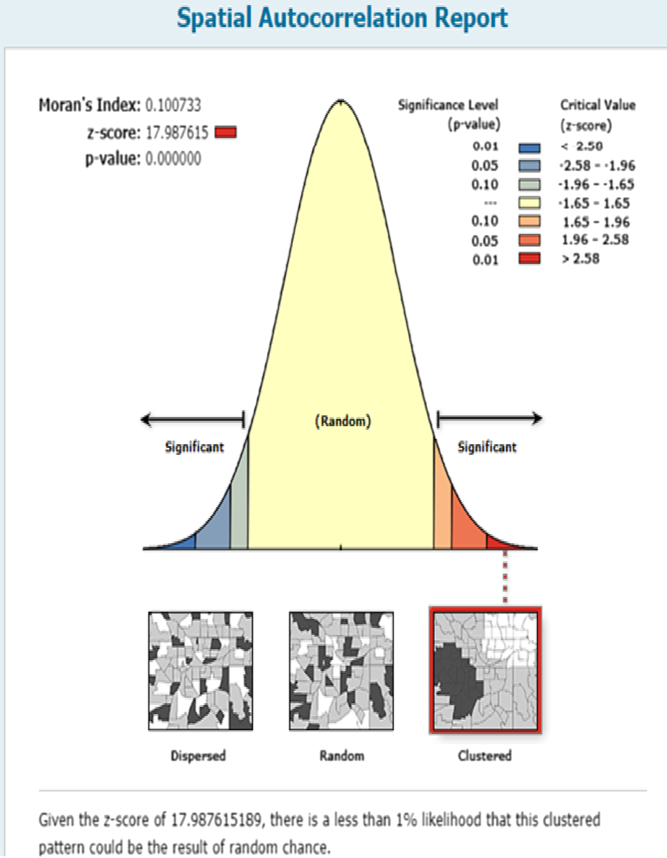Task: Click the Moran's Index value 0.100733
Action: coord(173,105)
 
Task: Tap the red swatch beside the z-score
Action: coord(226,133)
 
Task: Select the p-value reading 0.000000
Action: coord(173,159)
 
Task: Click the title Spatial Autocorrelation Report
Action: coord(342,18)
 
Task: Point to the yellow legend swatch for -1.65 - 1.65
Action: coord(529,203)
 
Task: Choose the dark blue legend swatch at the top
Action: coord(529,148)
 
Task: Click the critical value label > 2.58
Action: coord(580,259)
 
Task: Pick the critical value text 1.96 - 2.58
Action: coord(595,240)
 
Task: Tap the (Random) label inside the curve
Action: coord(343,421)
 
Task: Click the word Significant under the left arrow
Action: coord(194,447)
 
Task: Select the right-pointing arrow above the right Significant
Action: coord(490,418)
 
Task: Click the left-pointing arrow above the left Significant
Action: coord(192,419)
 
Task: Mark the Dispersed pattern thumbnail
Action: coord(200,671)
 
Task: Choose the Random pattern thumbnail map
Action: coord(341,671)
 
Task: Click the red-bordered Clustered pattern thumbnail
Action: coord(485,671)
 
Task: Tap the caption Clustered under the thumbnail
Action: coord(485,755)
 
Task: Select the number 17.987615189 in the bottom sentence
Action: coord(217,819)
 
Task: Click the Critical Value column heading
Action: coord(598,105)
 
